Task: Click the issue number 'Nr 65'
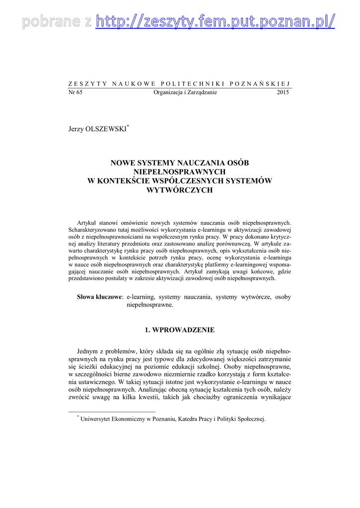(x=75, y=92)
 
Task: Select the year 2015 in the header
(x=284, y=92)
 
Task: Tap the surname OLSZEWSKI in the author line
(x=106, y=129)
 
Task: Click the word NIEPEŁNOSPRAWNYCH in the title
(x=180, y=172)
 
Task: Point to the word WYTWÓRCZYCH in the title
(x=180, y=190)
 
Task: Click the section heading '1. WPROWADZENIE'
(x=180, y=329)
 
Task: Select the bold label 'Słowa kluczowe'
(x=99, y=297)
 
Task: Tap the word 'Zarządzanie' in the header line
(x=201, y=92)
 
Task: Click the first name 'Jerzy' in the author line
(x=76, y=129)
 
